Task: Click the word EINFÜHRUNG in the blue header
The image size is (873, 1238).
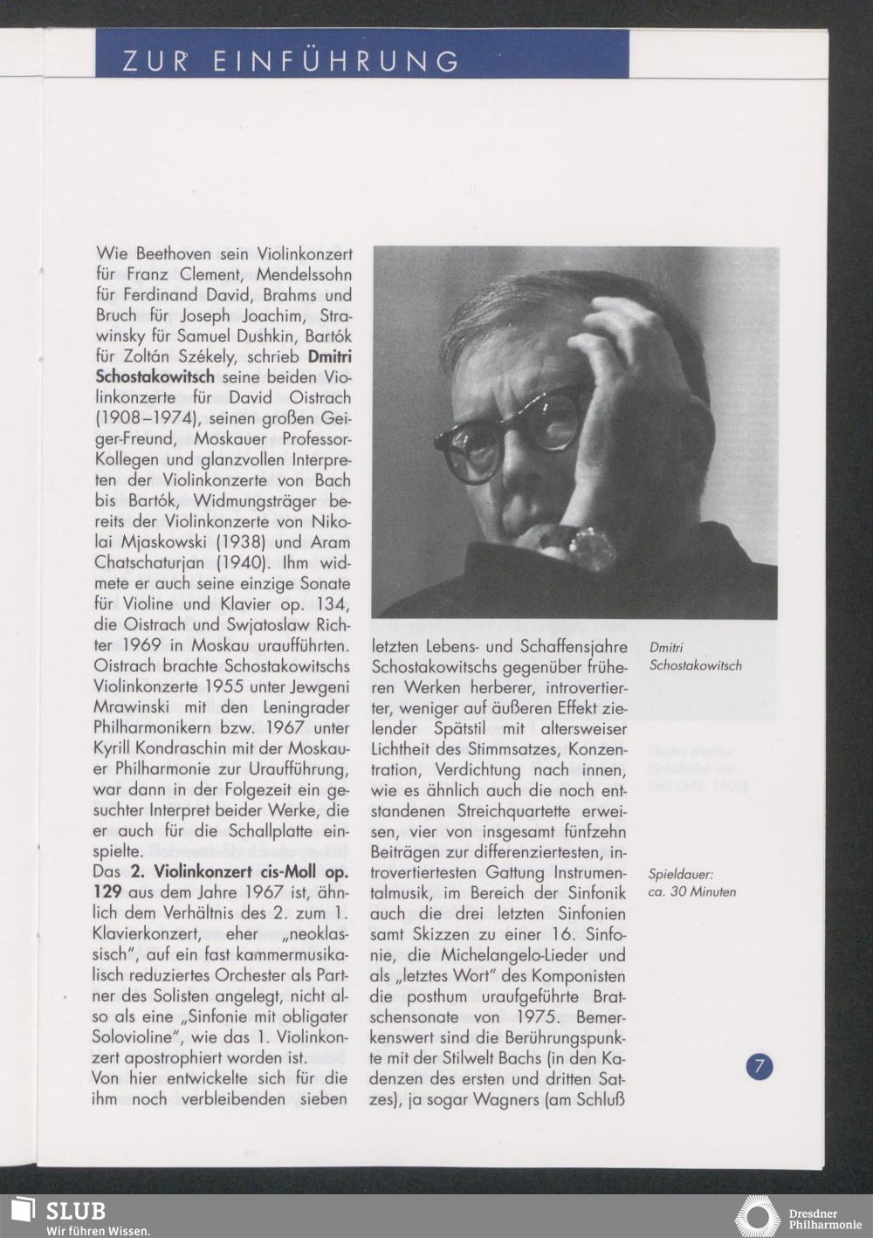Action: pyautogui.click(x=336, y=61)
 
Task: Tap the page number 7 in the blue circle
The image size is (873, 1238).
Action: pyautogui.click(x=760, y=1066)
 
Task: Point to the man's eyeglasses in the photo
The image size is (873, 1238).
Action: pyautogui.click(x=511, y=430)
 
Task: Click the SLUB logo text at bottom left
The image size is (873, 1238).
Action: pyautogui.click(x=75, y=1211)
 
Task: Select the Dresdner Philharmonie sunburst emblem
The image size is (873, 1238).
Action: pyautogui.click(x=757, y=1217)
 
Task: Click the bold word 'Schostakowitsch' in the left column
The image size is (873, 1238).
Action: pyautogui.click(x=154, y=378)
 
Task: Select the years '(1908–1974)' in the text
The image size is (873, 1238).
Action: pyautogui.click(x=145, y=419)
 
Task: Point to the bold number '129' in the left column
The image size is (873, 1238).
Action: pyautogui.click(x=108, y=892)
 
